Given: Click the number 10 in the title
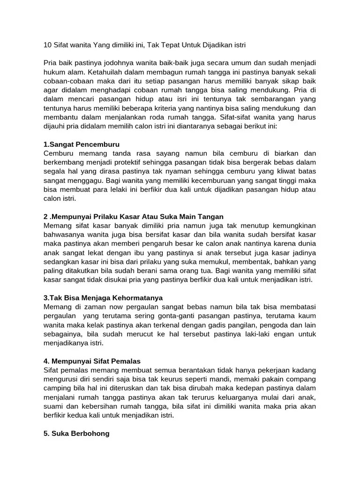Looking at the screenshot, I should (x=48, y=45).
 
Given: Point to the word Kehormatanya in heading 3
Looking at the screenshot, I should (x=134, y=298).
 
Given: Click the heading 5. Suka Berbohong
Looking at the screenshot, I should (x=76, y=434).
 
